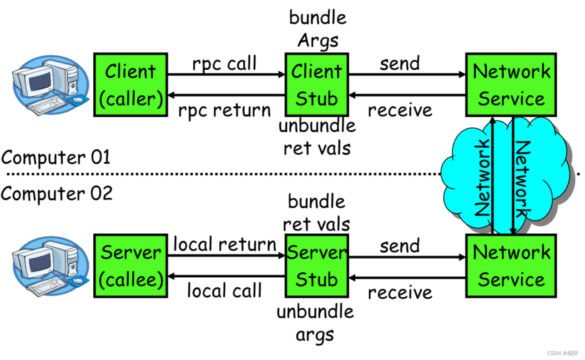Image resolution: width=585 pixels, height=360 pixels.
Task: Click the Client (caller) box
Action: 131,85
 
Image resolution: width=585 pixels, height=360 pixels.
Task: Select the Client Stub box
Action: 317,85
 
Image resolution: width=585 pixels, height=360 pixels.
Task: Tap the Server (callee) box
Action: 131,266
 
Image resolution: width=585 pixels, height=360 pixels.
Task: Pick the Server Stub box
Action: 317,266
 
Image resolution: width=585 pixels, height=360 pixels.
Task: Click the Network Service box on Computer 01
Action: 511,85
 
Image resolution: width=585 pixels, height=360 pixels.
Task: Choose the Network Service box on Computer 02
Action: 511,266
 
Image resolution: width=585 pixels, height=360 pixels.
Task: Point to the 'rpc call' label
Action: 224,64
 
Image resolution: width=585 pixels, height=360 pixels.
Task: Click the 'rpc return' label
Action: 224,110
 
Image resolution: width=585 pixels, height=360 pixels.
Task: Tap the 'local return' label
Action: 225,245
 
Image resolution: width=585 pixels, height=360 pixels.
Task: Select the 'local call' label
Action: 224,291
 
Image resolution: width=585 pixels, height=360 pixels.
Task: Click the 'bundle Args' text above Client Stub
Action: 318,29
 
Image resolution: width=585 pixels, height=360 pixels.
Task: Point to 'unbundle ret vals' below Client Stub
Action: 317,137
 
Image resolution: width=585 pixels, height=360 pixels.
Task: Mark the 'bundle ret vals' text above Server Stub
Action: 317,213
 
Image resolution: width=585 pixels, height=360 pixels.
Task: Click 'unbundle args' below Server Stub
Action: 315,323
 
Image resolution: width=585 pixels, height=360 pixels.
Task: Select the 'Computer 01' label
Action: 55,158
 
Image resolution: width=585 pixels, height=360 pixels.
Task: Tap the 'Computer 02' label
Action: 56,194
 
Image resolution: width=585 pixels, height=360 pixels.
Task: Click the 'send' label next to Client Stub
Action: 399,64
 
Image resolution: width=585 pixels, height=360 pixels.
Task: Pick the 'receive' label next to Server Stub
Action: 400,292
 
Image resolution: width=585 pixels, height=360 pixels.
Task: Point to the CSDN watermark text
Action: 562,353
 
